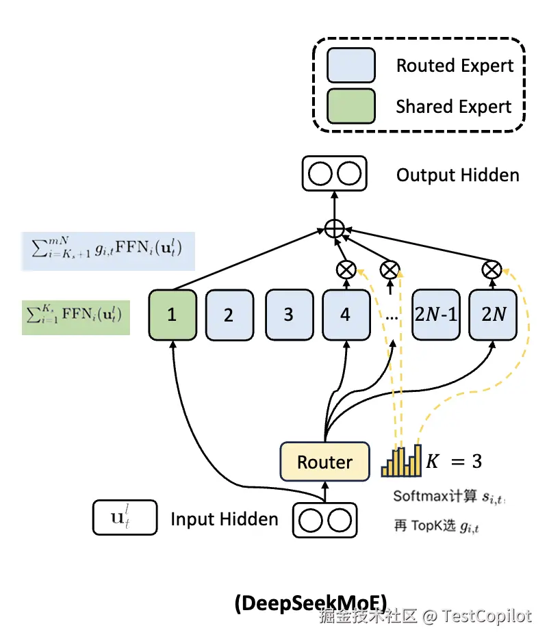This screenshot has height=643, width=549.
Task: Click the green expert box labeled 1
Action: [x=172, y=315]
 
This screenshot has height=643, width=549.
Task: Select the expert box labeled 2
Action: [x=229, y=315]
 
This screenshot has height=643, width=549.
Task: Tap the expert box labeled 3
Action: [x=288, y=315]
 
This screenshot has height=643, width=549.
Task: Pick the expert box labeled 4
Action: [x=345, y=315]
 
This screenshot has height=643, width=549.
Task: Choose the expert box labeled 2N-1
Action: [x=435, y=315]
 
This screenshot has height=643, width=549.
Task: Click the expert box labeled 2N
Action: [x=493, y=315]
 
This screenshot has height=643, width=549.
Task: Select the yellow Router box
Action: [x=324, y=462]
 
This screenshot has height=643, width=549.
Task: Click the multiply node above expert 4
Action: [x=346, y=269]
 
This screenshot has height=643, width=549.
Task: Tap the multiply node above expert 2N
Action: [x=491, y=269]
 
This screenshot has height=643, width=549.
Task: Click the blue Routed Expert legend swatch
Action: [x=351, y=66]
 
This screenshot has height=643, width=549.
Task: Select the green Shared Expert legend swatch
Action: [x=351, y=106]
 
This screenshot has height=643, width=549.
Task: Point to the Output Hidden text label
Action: [x=457, y=175]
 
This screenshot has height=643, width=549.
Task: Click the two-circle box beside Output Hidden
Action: [x=334, y=174]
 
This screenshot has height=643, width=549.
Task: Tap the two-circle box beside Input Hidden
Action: [x=326, y=520]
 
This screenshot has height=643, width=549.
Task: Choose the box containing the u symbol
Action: [x=125, y=518]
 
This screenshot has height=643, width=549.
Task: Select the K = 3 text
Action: [x=454, y=462]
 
